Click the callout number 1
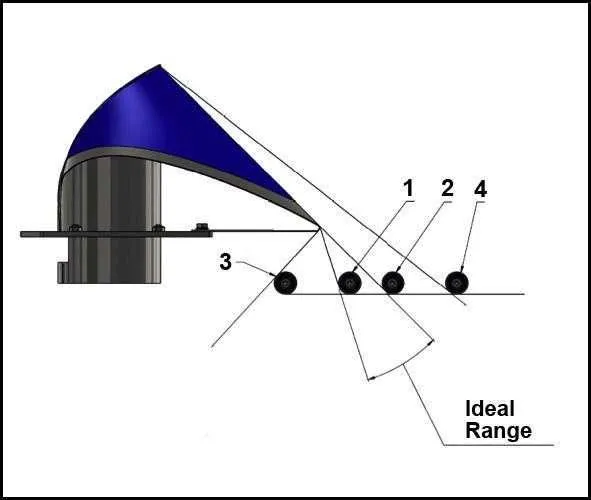point(409,188)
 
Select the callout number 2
point(447,188)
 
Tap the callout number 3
point(225,261)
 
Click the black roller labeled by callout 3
point(285,283)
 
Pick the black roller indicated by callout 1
point(350,283)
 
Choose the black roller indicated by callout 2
point(393,283)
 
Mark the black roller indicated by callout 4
point(457,283)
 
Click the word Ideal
point(490,408)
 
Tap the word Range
point(499,430)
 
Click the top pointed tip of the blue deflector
point(160,65)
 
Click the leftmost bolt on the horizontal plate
point(76,227)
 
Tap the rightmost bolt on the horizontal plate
point(202,227)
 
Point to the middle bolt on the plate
point(159,227)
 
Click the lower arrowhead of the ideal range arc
point(371,378)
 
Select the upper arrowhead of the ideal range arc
point(431,342)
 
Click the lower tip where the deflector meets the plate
point(320,228)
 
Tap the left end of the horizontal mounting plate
point(21,234)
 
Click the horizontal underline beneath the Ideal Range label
point(499,445)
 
